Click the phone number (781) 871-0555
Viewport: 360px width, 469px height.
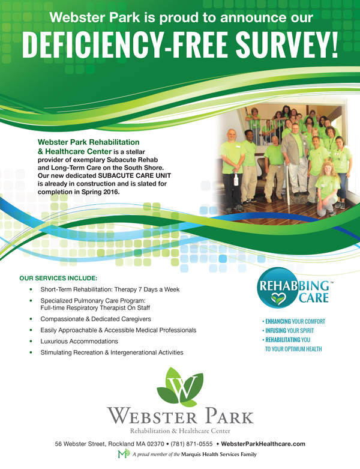(x=191, y=444)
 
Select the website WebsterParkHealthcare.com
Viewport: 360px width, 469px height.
(x=263, y=444)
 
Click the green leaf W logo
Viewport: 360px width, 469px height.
(x=180, y=387)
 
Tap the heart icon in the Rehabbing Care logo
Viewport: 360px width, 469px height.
(x=279, y=298)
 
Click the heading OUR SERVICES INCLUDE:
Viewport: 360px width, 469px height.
(x=58, y=279)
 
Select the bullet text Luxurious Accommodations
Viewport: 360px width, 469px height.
(x=79, y=341)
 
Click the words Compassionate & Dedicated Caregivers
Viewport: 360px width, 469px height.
(x=95, y=319)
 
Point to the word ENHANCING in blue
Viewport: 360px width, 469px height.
(x=278, y=321)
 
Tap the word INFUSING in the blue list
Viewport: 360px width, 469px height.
(x=275, y=331)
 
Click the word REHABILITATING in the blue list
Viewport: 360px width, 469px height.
(x=283, y=340)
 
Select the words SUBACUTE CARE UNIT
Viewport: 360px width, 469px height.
(x=134, y=175)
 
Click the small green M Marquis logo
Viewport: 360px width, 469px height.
(x=124, y=454)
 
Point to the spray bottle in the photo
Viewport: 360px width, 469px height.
(x=236, y=179)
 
